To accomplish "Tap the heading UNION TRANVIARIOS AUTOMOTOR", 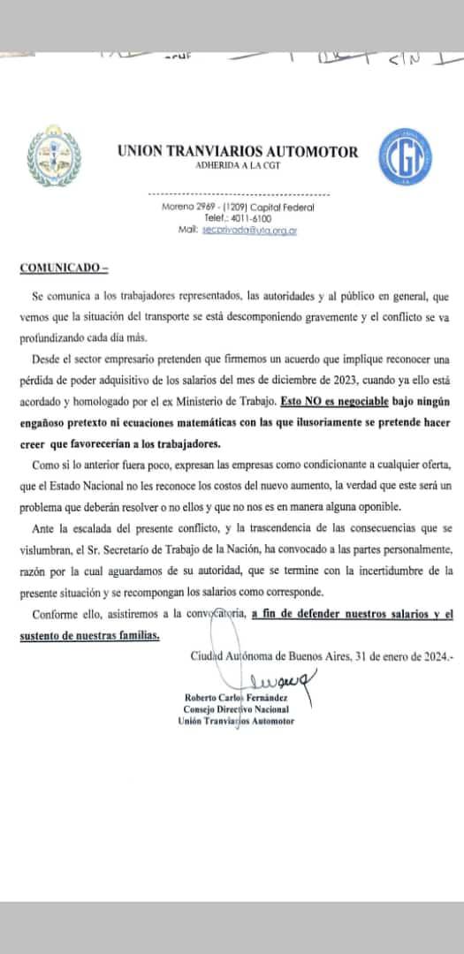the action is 238,152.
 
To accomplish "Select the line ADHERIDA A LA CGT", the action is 238,166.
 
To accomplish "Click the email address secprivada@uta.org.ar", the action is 249,229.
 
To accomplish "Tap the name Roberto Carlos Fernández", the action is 237,697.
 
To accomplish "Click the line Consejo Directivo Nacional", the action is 236,708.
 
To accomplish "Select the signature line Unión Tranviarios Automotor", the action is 236,721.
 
